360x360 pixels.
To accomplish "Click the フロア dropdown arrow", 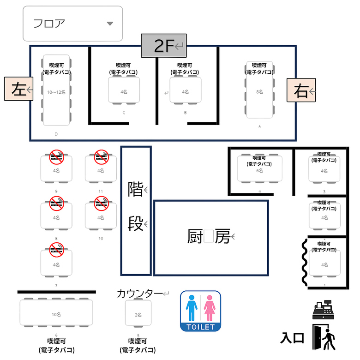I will coord(109,24).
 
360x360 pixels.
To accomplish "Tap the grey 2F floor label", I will coord(164,45).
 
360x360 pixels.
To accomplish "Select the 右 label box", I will coord(301,90).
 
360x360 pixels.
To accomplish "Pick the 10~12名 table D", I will coord(56,90).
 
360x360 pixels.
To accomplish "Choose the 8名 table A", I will coord(259,91).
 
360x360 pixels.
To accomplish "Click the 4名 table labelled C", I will coord(124,90).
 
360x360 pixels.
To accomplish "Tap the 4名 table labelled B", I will coord(185,90).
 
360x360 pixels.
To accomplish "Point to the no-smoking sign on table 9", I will coord(56,157).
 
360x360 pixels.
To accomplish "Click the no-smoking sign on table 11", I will coord(101,157).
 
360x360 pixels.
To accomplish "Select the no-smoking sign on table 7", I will coord(56,250).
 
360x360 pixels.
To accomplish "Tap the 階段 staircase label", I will coord(135,208).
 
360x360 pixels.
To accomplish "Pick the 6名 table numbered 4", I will coord(259,169).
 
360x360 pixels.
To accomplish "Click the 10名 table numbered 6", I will coord(56,313).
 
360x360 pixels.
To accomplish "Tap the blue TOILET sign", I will coord(200,311).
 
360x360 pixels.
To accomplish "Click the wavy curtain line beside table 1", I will coord(305,262).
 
